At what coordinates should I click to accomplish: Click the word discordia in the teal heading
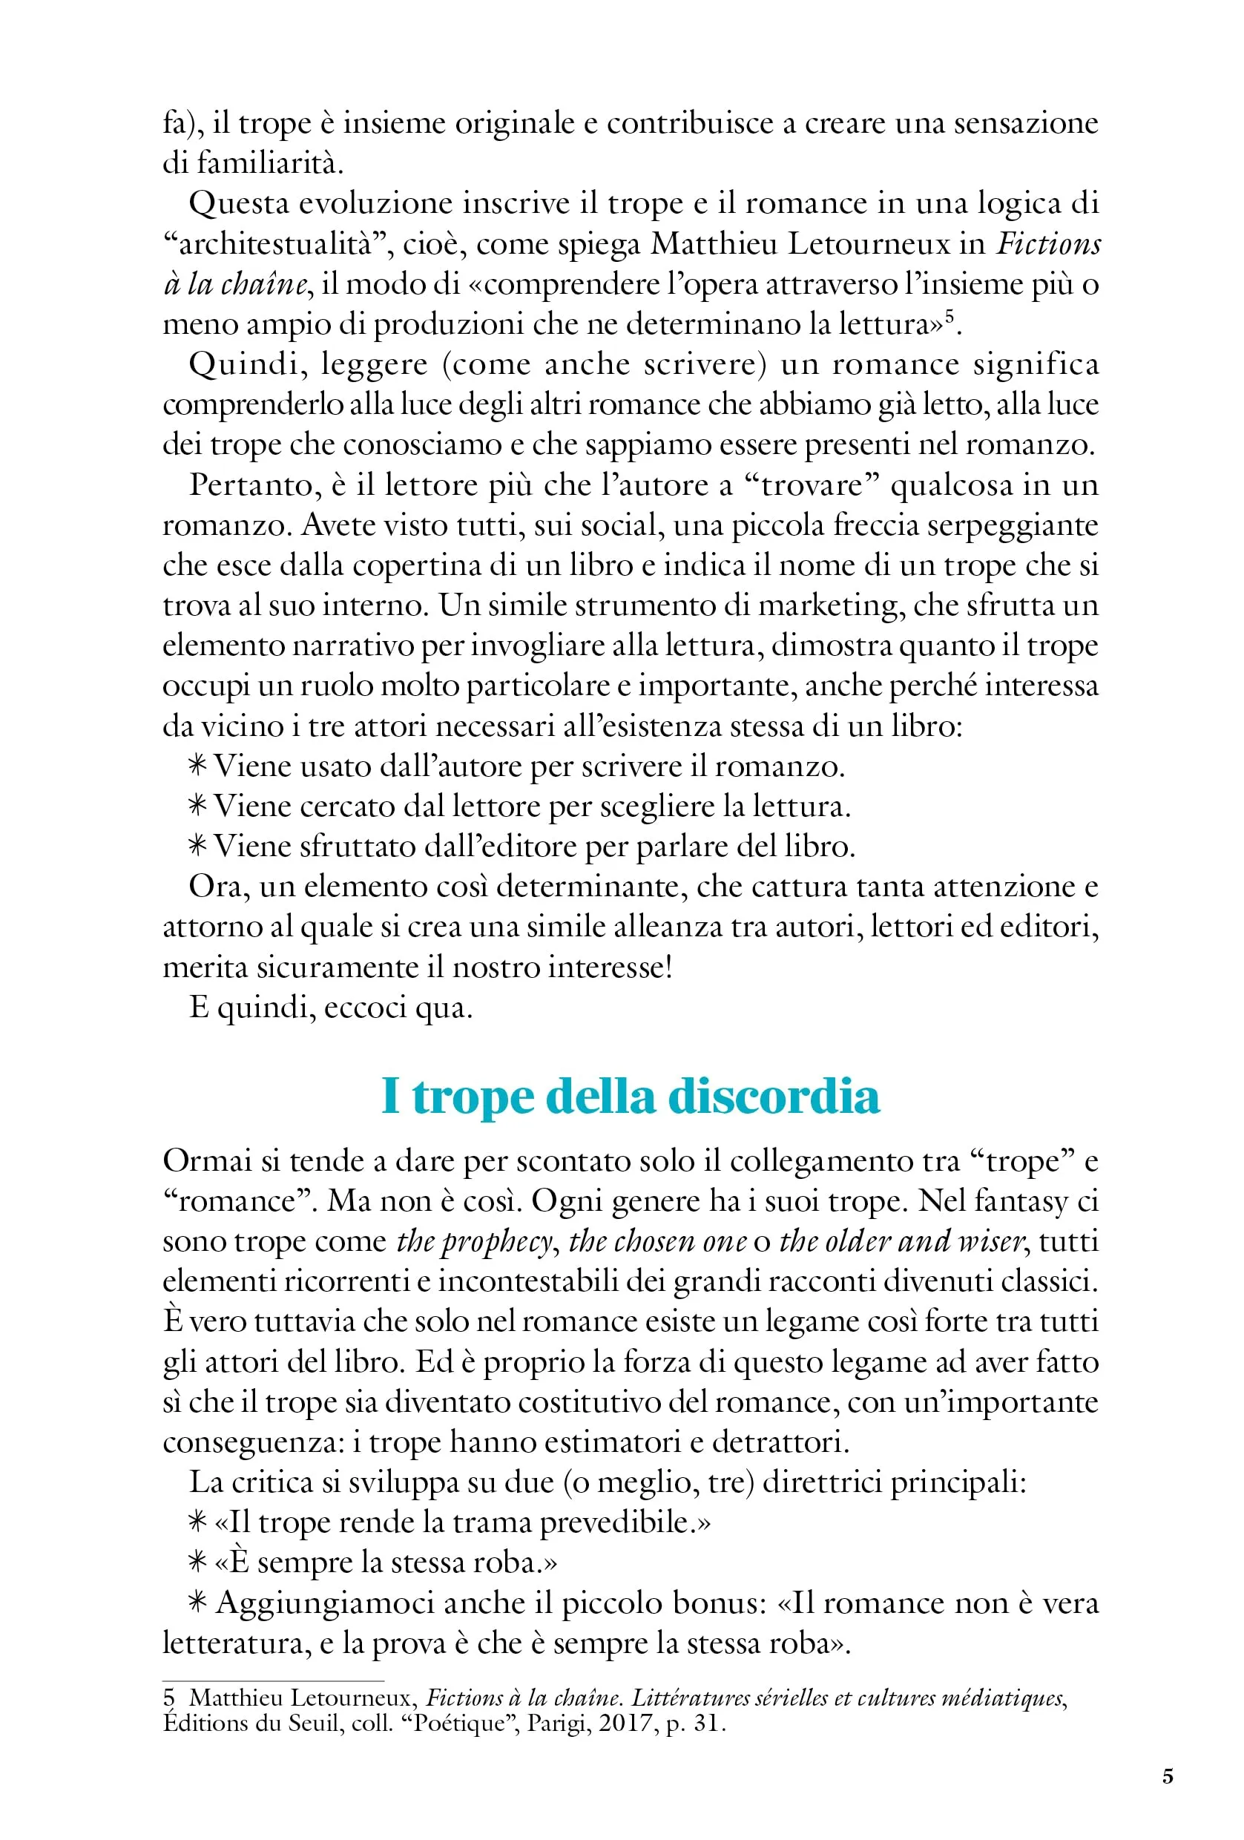point(773,1098)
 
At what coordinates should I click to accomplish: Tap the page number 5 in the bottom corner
point(1168,1776)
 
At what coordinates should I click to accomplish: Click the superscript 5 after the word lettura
point(950,316)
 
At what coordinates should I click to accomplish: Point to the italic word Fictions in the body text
point(1047,245)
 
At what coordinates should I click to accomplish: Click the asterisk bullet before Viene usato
point(197,766)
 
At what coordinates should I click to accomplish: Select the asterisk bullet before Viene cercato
point(197,806)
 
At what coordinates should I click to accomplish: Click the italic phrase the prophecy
point(473,1242)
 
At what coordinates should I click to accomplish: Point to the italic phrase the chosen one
point(656,1242)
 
